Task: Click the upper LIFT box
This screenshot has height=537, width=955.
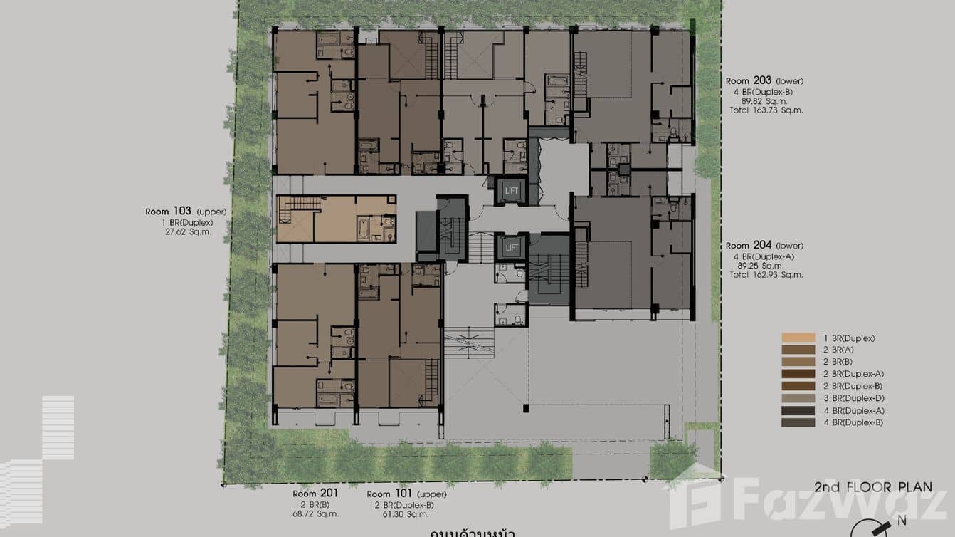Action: click(x=512, y=191)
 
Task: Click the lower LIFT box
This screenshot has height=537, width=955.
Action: click(x=512, y=247)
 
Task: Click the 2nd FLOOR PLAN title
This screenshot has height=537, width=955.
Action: click(x=873, y=487)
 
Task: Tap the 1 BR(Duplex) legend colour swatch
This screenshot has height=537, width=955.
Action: click(x=797, y=338)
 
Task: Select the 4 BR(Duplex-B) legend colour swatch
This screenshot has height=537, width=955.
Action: click(x=797, y=423)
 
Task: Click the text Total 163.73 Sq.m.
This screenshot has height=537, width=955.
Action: click(x=764, y=110)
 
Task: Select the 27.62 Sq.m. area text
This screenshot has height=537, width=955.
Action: click(x=187, y=232)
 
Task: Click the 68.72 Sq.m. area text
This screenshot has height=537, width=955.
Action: click(x=315, y=513)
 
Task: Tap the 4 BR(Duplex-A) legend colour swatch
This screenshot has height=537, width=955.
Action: click(x=797, y=411)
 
